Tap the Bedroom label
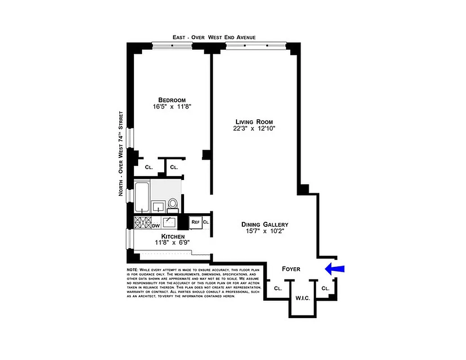(171, 100)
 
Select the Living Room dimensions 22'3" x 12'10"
(254, 129)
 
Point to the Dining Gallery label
(264, 225)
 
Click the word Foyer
(291, 269)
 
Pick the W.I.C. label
(302, 298)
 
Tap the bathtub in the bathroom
(142, 198)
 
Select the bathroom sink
(158, 207)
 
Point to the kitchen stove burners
(142, 222)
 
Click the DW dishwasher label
(156, 226)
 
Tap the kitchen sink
(169, 222)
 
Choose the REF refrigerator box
(195, 222)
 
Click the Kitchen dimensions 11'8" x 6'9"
(172, 242)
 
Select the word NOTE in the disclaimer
(134, 270)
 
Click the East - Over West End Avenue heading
(214, 37)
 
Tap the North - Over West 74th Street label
(121, 153)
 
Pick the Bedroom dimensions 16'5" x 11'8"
(171, 107)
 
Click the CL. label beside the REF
(206, 222)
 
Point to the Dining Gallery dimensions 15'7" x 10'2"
(264, 232)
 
